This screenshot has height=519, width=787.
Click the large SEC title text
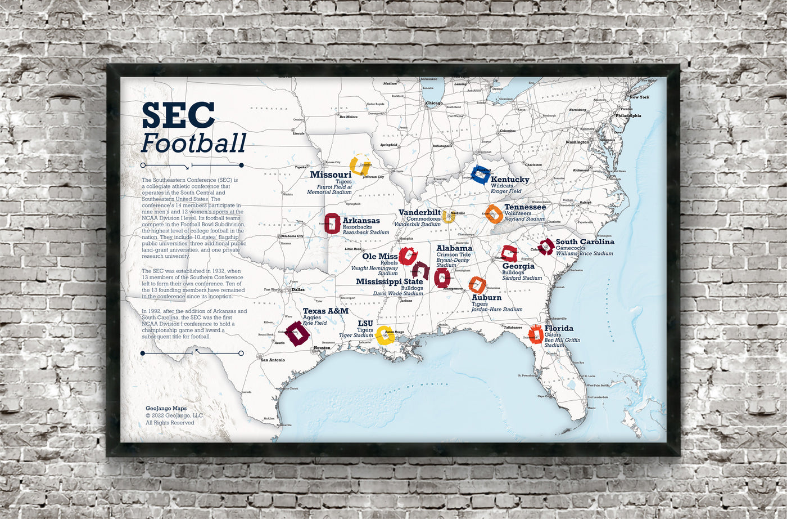[x=178, y=115]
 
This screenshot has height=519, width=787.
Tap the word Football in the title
[x=193, y=143]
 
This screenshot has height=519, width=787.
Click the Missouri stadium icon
[x=359, y=165]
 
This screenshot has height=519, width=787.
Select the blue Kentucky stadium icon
[x=481, y=175]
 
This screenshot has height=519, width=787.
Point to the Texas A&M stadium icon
[x=297, y=333]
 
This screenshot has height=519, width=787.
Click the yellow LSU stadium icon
[x=384, y=335]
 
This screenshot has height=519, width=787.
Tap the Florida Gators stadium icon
[x=535, y=334]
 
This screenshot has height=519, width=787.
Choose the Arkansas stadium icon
[x=332, y=223]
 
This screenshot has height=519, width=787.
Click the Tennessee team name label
[x=524, y=207]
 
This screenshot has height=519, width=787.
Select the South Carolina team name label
[x=585, y=242]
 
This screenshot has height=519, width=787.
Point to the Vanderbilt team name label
[x=419, y=212]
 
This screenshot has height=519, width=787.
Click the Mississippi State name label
[x=389, y=281]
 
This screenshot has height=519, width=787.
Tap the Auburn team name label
[x=486, y=298]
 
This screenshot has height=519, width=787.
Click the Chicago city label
[x=433, y=104]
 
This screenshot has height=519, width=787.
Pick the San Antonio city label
[x=273, y=360]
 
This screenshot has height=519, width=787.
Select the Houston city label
[x=322, y=348]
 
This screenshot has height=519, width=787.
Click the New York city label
[x=639, y=97]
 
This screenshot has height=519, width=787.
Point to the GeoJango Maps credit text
[x=166, y=409]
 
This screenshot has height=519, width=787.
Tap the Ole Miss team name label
[x=379, y=257]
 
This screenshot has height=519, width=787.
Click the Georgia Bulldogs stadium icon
[x=509, y=254]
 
